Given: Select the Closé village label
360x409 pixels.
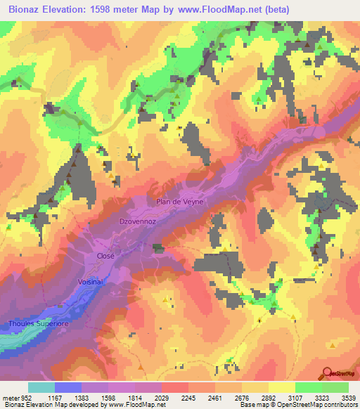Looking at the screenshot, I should pyautogui.click(x=105, y=257).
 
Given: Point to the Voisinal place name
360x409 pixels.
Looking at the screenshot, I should pyautogui.click(x=90, y=281).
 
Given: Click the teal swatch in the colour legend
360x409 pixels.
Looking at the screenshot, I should pyautogui.click(x=41, y=387).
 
